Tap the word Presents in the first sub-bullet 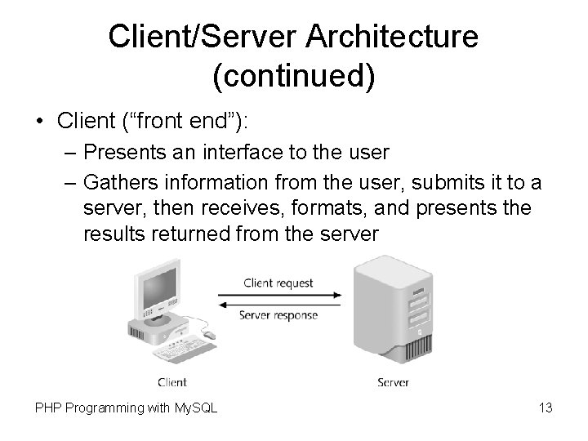tap(120, 152)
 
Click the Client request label tap(278, 283)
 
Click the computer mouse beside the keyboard tap(209, 334)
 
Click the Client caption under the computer tap(171, 382)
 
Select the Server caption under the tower tap(393, 382)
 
